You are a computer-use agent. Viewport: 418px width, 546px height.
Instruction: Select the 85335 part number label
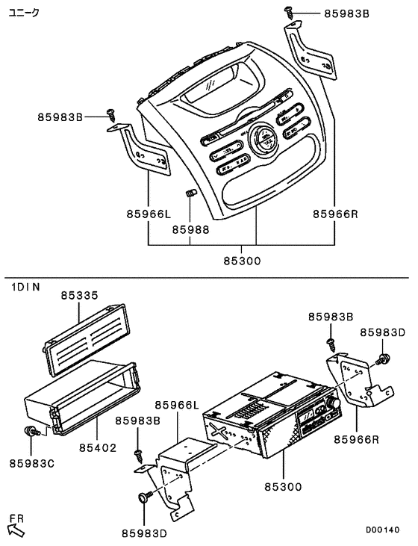[79, 296]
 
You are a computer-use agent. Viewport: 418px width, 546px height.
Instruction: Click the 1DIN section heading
[25, 286]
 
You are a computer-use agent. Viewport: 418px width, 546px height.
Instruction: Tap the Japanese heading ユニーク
[25, 13]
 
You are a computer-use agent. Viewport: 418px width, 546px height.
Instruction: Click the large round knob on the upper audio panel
[263, 140]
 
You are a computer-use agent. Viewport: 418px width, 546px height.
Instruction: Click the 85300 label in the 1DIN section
[283, 486]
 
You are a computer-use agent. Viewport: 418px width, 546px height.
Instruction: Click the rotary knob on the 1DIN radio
[332, 404]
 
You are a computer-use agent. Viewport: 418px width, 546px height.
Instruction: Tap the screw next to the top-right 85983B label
[289, 13]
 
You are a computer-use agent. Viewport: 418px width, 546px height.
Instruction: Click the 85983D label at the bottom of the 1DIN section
[145, 533]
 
